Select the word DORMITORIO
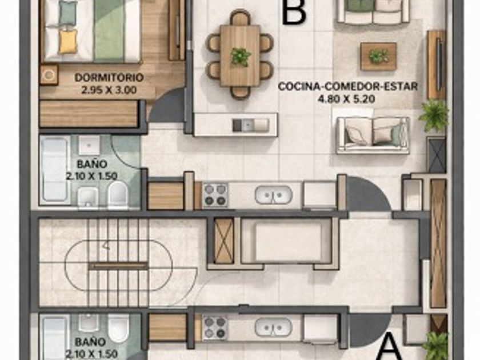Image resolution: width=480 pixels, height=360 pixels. point(109,78)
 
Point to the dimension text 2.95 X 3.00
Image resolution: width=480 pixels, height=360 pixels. point(109,90)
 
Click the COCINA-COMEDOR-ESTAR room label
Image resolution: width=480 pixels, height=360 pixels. point(348,86)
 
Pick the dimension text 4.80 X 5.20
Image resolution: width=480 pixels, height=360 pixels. point(346,99)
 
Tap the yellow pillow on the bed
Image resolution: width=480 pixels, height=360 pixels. point(67,42)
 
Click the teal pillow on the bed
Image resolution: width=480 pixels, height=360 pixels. point(68,13)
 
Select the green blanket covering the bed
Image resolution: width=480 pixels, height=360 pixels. point(109,31)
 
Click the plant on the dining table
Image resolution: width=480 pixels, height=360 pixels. point(241,57)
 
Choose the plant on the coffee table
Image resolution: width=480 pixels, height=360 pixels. point(379,57)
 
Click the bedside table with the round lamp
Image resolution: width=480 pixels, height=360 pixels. point(49,74)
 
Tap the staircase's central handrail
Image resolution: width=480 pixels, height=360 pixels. point(118,266)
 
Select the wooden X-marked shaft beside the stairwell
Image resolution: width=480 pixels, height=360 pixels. point(223,241)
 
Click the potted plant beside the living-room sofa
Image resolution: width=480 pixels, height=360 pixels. point(434,115)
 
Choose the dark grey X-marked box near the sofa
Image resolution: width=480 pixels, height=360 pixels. point(436,155)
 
